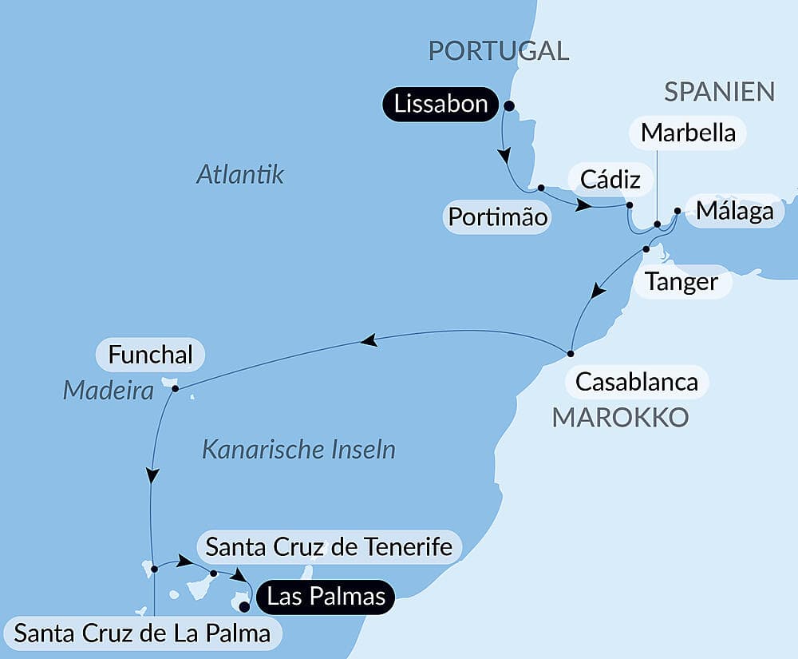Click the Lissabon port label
[440, 105]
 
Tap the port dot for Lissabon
[508, 105]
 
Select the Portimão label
[497, 216]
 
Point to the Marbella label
[688, 133]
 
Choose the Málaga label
[734, 211]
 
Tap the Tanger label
[681, 281]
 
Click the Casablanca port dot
[571, 353]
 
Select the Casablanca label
[636, 382]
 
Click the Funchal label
[150, 355]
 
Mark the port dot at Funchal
[175, 389]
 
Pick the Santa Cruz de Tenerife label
[329, 547]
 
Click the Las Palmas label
[326, 596]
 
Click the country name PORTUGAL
[499, 50]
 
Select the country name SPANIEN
[720, 92]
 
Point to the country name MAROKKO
[619, 417]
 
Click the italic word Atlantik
[239, 174]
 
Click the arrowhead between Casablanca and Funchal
[368, 341]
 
